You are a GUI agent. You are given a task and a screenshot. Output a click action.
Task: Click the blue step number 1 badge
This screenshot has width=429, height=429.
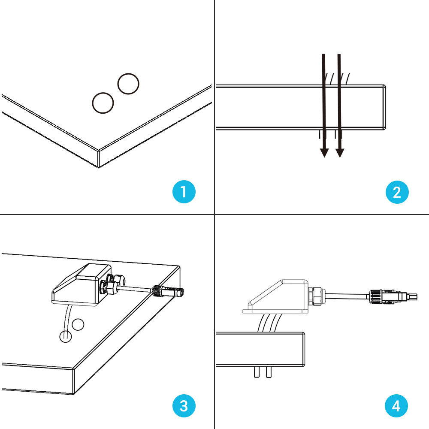(184, 191)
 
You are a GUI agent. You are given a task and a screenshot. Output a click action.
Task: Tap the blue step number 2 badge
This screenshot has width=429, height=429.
(397, 191)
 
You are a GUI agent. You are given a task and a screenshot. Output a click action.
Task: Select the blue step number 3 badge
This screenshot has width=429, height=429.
(184, 405)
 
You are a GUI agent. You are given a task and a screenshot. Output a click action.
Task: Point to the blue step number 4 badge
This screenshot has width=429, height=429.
(397, 405)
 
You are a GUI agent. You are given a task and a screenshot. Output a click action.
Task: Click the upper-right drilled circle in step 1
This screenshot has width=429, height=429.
(128, 84)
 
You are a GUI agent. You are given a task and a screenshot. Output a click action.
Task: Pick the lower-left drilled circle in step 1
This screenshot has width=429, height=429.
(103, 103)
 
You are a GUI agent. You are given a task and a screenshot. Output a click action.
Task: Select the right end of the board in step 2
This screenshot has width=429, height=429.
(384, 107)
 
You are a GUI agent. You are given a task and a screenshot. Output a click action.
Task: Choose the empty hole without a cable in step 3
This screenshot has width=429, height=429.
(78, 325)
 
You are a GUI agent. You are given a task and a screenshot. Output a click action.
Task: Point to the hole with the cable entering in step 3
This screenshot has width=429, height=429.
(65, 337)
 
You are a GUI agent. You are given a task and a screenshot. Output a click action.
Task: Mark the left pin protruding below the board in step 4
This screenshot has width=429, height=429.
(257, 372)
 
